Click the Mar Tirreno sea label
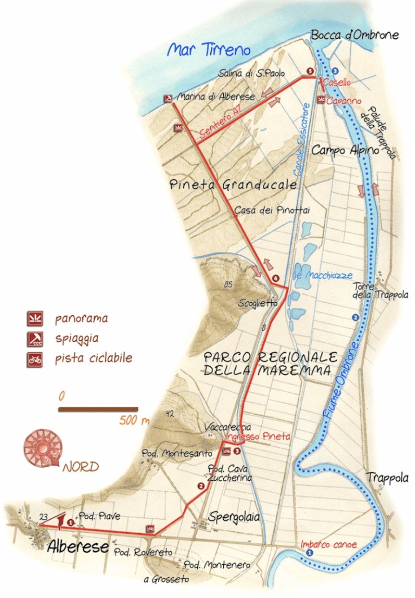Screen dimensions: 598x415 pos(209,50)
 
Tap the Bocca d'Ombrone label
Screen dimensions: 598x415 pos(355,35)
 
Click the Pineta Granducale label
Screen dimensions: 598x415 pos(233,184)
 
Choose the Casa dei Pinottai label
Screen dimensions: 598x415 pos(272,210)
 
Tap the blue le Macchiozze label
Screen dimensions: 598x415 pos(324,276)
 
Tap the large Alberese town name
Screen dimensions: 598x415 pos(78,546)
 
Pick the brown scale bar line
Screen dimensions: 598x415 pos(98,409)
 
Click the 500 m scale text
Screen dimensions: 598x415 pos(134,420)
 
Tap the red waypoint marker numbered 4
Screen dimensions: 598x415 pos(275,278)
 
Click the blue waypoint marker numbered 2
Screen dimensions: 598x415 pos(355,318)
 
